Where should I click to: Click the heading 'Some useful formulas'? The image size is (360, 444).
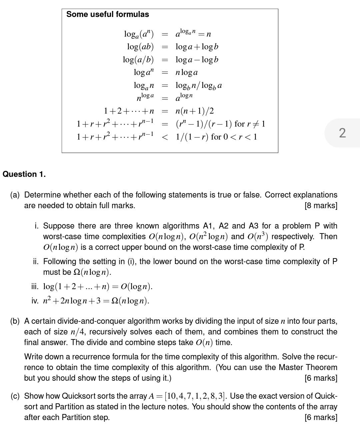[108, 14]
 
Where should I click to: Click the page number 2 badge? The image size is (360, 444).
[342, 133]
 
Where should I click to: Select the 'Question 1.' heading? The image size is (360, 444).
[24, 174]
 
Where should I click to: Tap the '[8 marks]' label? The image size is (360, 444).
[321, 206]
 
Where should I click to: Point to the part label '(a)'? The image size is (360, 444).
[15, 195]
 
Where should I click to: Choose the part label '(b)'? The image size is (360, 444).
[15, 321]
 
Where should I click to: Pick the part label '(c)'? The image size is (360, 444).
[15, 396]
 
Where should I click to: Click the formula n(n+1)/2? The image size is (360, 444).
[195, 111]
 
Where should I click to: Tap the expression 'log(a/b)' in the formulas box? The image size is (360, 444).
[138, 60]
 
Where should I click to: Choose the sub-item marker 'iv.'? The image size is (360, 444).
[35, 301]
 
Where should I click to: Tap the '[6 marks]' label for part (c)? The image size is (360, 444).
[321, 417]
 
